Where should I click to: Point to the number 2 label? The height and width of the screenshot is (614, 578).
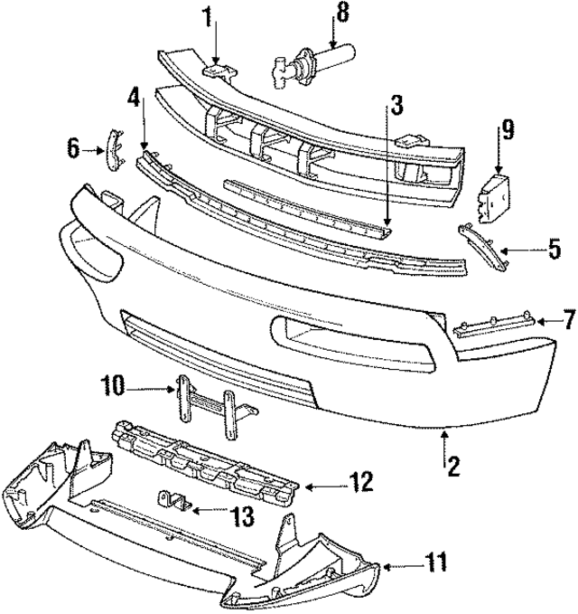click(454, 467)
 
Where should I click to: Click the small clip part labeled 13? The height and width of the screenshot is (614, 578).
click(174, 499)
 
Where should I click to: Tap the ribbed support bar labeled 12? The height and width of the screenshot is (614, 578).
click(203, 458)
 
